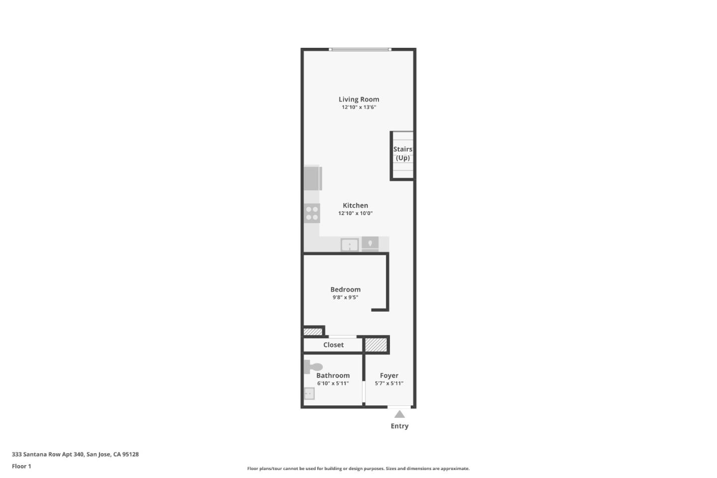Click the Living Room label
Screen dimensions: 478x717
(x=358, y=100)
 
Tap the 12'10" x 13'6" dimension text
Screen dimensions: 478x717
(x=358, y=107)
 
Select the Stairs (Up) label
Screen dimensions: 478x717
(x=402, y=153)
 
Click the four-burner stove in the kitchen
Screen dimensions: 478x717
(x=312, y=213)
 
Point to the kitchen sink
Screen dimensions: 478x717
(x=350, y=245)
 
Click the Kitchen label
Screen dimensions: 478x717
(x=355, y=206)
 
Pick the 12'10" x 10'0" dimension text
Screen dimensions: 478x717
(x=355, y=213)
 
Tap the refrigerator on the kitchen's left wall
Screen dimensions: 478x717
(x=313, y=178)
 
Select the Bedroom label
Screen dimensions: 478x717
(x=345, y=290)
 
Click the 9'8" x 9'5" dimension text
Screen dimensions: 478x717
(x=345, y=297)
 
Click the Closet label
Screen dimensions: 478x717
(x=333, y=345)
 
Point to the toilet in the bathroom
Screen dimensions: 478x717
(x=313, y=367)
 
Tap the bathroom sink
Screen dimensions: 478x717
(x=309, y=394)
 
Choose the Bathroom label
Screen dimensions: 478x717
(x=333, y=376)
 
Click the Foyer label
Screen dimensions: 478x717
(x=389, y=376)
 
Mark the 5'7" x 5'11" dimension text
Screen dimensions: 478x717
(x=389, y=383)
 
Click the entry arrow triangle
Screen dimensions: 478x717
(x=399, y=414)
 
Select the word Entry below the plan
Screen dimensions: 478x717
(x=399, y=426)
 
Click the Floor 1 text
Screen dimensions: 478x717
(x=21, y=467)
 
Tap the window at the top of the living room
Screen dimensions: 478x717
(x=359, y=49)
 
